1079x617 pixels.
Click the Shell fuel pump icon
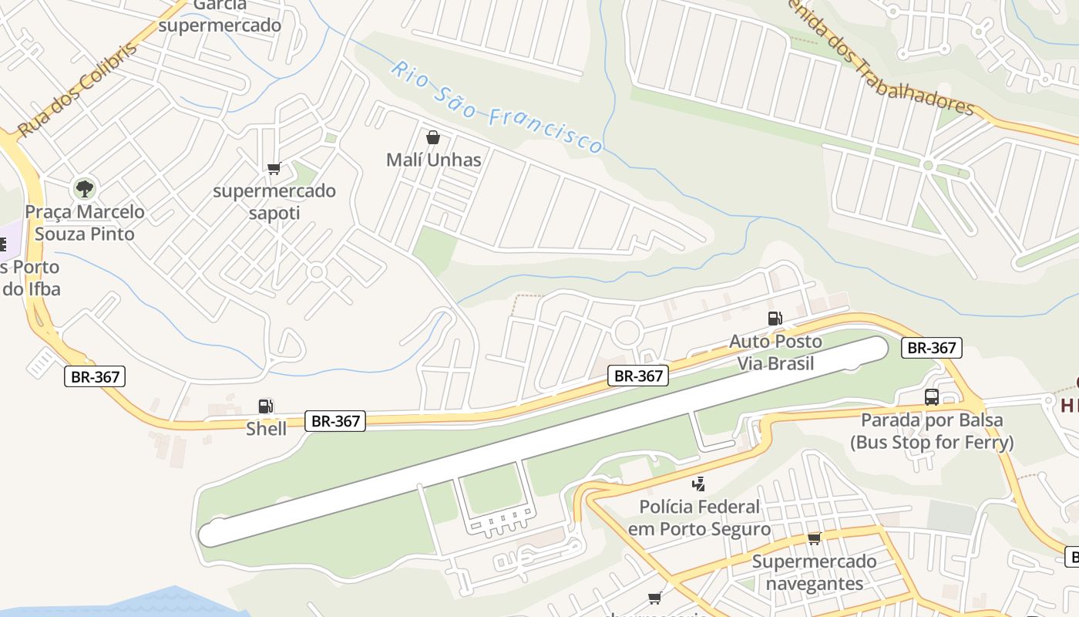click(x=265, y=406)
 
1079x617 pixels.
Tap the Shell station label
click(x=266, y=429)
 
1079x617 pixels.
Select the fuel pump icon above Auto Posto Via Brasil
click(x=775, y=319)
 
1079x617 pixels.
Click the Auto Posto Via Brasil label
click(x=775, y=352)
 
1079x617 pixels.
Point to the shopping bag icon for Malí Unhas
click(x=433, y=138)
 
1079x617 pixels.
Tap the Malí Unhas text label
click(x=433, y=160)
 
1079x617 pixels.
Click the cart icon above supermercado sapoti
click(x=274, y=168)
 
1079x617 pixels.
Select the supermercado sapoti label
click(x=274, y=201)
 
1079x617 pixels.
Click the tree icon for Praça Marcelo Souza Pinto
click(x=84, y=188)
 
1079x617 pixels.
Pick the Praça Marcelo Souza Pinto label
click(x=85, y=223)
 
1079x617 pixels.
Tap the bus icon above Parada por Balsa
click(x=932, y=397)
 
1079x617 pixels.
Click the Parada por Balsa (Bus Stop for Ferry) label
click(x=932, y=431)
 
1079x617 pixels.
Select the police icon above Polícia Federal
click(x=698, y=484)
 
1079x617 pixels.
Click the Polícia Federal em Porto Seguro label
click(x=699, y=518)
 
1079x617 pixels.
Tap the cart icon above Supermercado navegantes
click(x=814, y=538)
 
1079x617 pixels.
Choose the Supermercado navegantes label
click(x=814, y=572)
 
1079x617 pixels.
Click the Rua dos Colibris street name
click(x=77, y=89)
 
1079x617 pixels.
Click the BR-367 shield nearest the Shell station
click(x=335, y=421)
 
